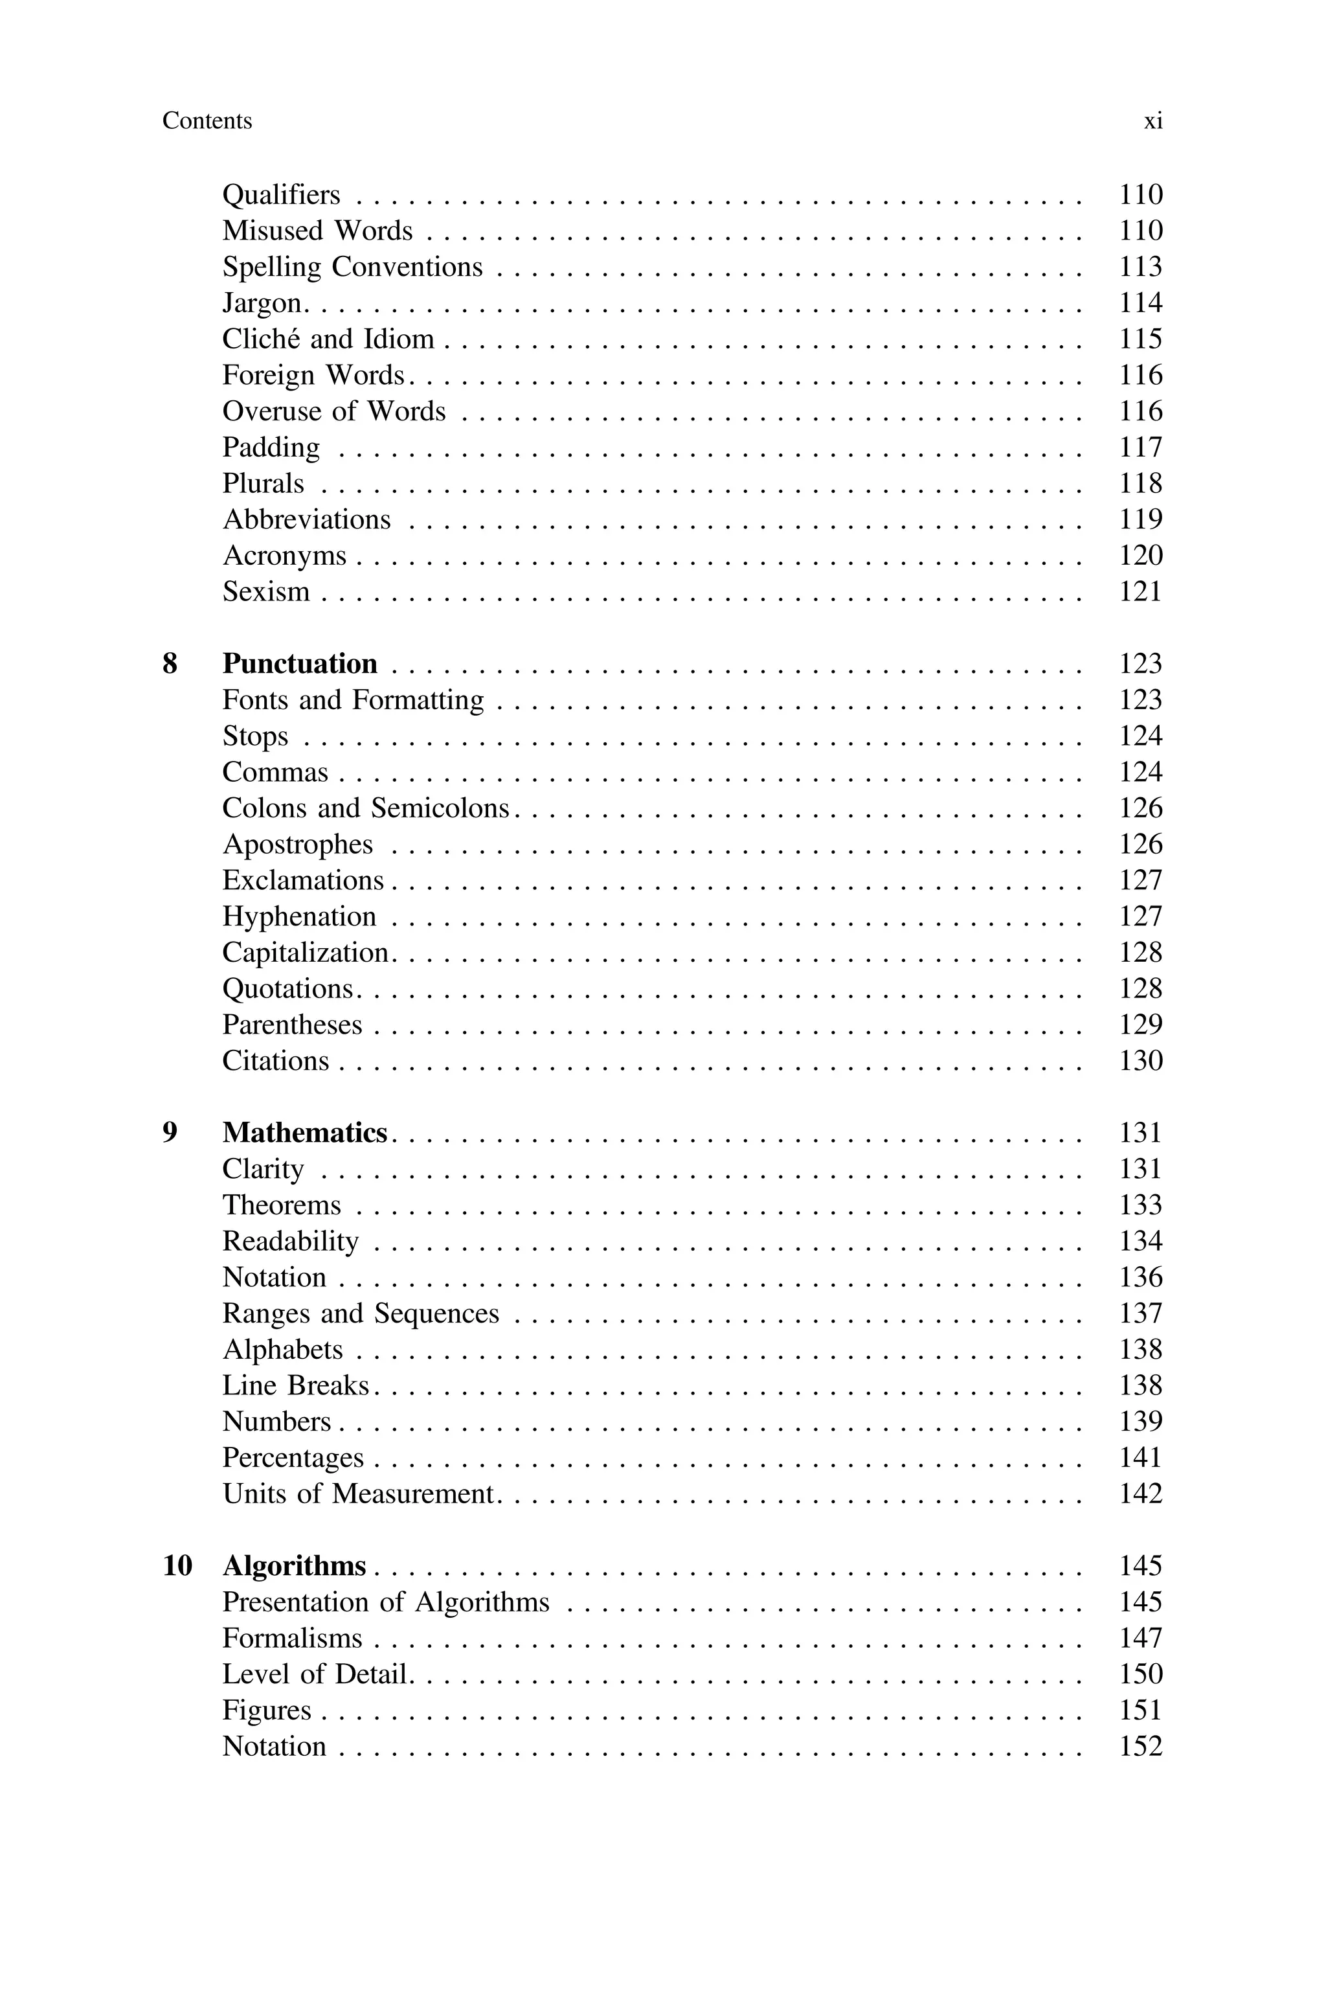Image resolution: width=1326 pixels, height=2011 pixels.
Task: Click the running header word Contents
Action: point(207,121)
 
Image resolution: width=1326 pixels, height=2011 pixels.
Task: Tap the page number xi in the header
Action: point(1152,121)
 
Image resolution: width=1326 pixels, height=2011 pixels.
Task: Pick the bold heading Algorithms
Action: point(295,1566)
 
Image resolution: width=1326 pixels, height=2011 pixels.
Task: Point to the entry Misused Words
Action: point(317,231)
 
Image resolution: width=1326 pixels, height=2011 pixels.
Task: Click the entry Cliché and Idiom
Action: point(328,339)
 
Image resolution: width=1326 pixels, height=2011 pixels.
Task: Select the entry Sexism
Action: point(265,592)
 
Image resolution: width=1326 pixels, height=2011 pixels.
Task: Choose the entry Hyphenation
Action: point(299,916)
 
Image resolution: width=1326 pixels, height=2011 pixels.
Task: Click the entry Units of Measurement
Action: point(357,1494)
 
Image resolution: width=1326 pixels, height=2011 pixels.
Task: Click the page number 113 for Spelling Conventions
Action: point(1141,267)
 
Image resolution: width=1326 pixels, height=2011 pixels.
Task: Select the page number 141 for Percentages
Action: point(1141,1458)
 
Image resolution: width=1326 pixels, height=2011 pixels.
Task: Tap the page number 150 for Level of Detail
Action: point(1141,1674)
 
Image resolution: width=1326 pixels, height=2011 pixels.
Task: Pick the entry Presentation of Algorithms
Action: point(386,1602)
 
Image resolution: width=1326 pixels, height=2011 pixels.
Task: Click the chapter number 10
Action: point(177,1566)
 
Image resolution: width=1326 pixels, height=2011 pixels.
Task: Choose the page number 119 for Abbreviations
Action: point(1141,519)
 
